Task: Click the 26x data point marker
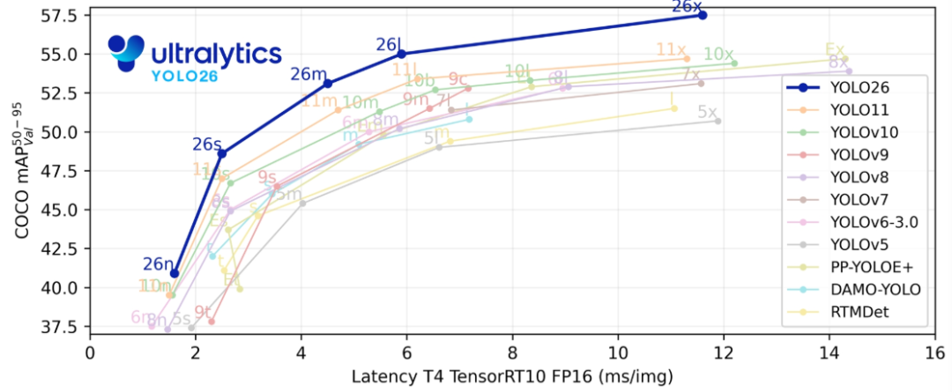(703, 15)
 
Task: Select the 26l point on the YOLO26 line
(402, 54)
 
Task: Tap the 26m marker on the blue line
(328, 84)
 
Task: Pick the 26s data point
(222, 153)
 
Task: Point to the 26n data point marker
(175, 273)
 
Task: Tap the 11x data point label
(672, 50)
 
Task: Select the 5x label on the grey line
(707, 112)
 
